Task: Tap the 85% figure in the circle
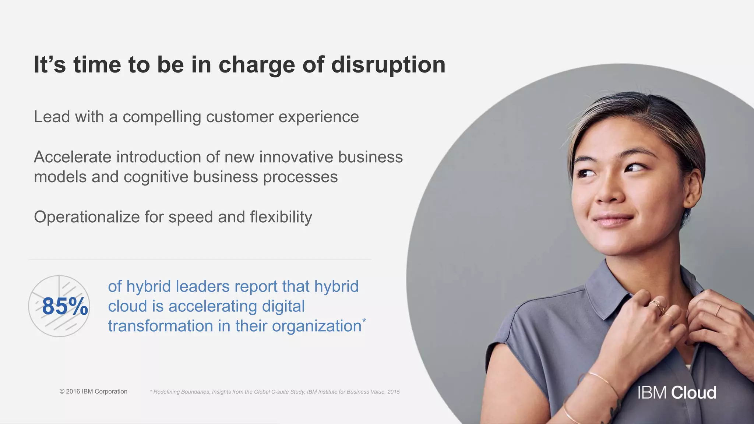[65, 306]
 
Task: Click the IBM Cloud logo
[677, 393]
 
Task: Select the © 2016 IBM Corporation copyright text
[93, 392]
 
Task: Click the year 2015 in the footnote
[393, 392]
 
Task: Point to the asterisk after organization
[364, 321]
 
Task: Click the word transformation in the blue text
[160, 326]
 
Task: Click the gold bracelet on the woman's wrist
[604, 381]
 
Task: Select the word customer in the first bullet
[239, 117]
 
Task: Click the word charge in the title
[257, 65]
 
